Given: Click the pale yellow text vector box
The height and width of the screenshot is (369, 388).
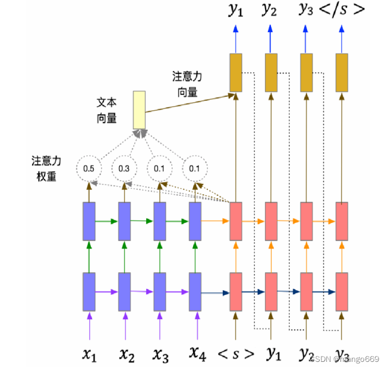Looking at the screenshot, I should [139, 109].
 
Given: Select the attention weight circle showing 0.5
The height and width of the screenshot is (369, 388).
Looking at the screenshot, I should [89, 168].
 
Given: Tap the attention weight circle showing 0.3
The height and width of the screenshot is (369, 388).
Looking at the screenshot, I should [124, 168].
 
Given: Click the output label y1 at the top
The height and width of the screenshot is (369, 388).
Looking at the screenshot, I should [236, 10].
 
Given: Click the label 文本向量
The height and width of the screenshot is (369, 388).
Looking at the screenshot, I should [106, 110].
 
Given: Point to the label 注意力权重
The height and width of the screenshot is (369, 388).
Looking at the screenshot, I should [44, 168].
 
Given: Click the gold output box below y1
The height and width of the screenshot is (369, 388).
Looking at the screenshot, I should [236, 72].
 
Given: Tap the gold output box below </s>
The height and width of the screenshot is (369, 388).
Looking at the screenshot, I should [342, 72].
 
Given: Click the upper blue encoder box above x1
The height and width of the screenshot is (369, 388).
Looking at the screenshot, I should [89, 221].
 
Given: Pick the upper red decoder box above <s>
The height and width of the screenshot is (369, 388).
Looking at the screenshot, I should [236, 221].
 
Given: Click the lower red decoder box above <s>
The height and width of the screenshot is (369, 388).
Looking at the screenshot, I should [236, 291].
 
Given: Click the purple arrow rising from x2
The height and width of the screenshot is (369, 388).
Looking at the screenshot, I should [125, 324].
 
